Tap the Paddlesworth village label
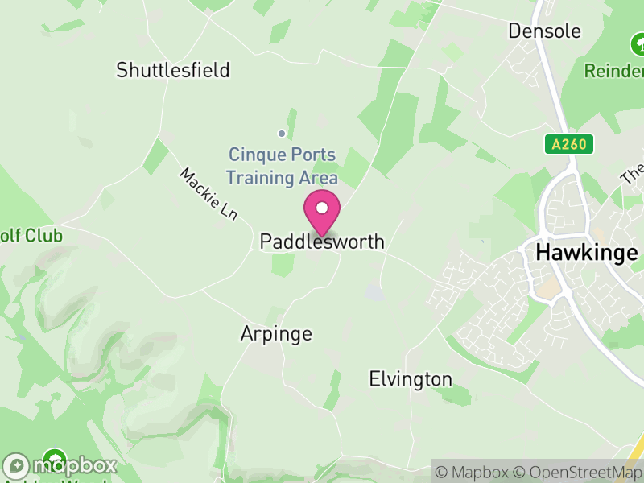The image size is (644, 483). [322, 242]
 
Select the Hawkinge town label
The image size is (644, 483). [586, 252]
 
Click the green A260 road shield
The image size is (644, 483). [568, 144]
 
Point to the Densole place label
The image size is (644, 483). [544, 31]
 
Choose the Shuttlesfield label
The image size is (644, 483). [173, 70]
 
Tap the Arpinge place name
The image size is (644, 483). [276, 333]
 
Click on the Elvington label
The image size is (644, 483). [411, 378]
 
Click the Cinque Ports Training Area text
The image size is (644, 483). [283, 166]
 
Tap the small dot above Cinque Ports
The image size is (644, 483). [282, 134]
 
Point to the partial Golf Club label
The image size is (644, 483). [31, 236]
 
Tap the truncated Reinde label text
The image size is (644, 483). [613, 72]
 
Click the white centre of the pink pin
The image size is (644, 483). [322, 208]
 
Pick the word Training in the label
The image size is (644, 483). [262, 177]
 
